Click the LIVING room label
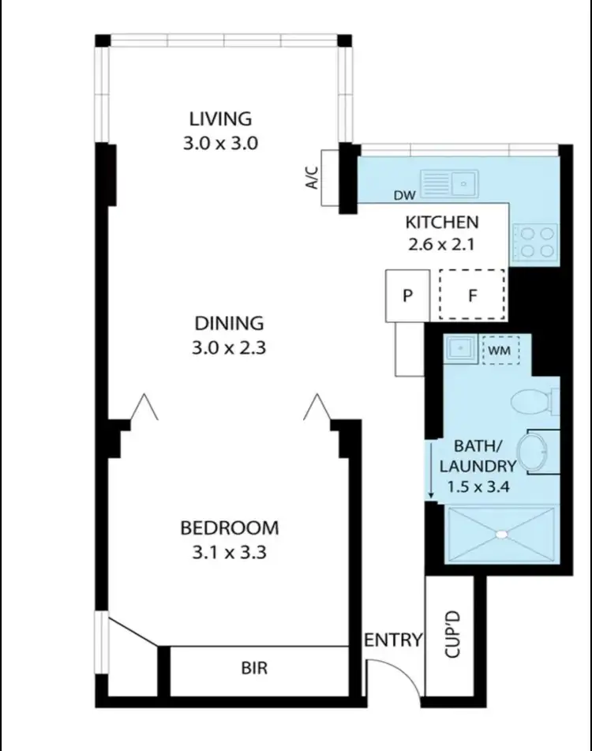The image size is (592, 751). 220,119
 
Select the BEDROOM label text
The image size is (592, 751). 229,528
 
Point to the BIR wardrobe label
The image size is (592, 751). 254,669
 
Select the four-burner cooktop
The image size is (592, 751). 536,242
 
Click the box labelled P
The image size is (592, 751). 407,296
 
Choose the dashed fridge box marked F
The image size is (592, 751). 472,295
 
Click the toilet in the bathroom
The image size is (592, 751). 534,402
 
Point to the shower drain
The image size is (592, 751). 500,534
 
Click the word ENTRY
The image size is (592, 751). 393,640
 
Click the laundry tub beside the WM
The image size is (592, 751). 458,348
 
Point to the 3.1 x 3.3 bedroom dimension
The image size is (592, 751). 229,552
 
